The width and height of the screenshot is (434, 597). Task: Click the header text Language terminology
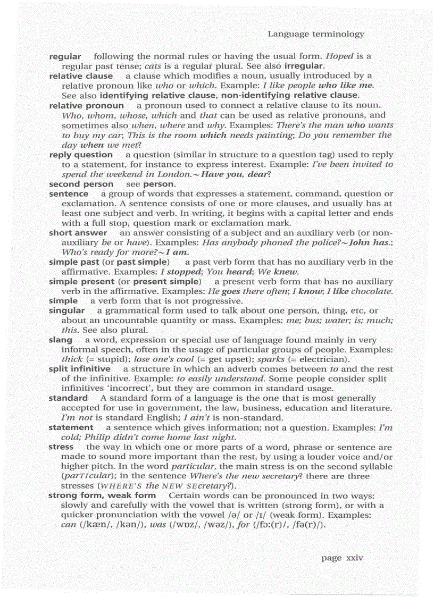(x=315, y=34)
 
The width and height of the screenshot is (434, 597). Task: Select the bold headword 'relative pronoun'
(x=86, y=105)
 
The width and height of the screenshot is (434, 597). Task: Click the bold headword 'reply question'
(x=81, y=155)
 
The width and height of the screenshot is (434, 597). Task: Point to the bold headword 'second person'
(x=81, y=184)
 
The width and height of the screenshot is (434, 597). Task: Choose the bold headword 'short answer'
(x=78, y=233)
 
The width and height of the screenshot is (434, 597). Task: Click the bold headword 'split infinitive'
(x=79, y=368)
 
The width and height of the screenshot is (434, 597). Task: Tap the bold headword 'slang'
(x=60, y=340)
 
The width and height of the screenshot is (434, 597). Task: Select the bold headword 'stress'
(x=61, y=447)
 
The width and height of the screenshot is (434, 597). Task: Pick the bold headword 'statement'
(x=71, y=427)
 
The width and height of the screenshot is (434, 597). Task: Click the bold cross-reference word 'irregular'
(x=304, y=66)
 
